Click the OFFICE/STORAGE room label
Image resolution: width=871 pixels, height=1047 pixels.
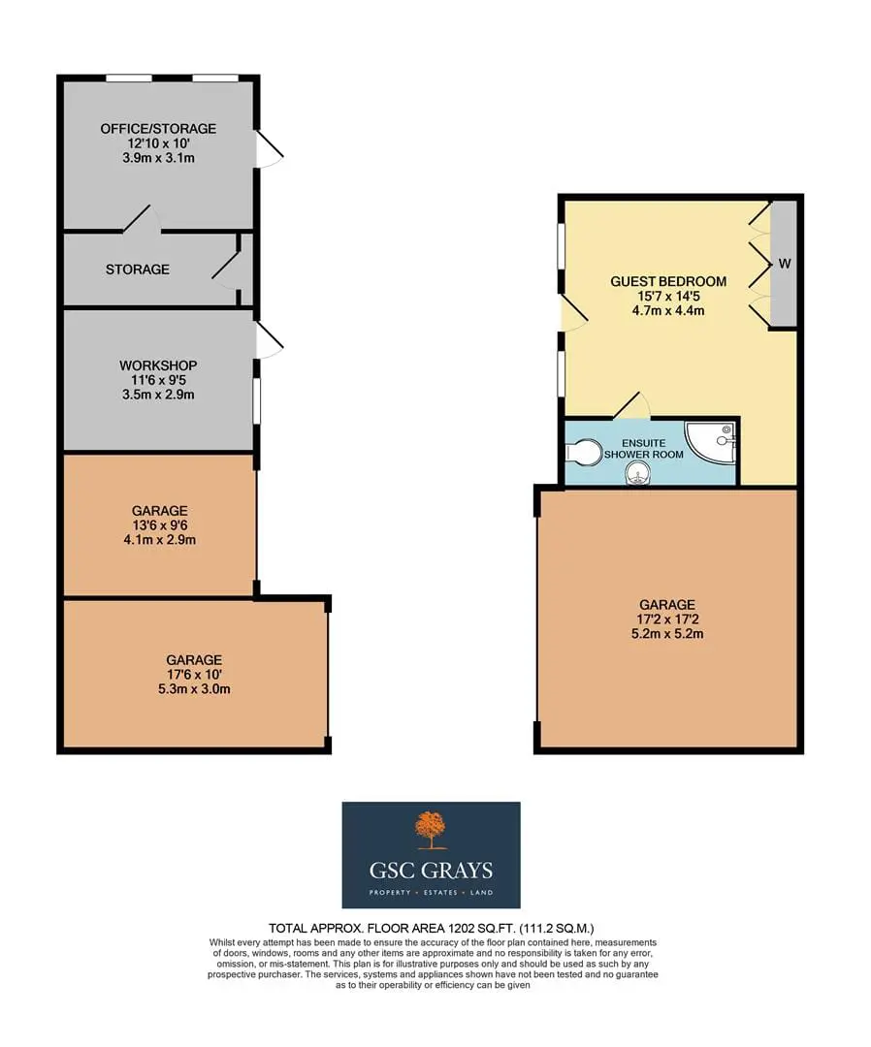pyautogui.click(x=158, y=128)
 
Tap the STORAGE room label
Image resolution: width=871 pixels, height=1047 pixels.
pyautogui.click(x=138, y=270)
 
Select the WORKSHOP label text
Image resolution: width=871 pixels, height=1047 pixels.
pyautogui.click(x=158, y=365)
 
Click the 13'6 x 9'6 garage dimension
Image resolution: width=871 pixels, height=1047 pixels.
pyautogui.click(x=160, y=524)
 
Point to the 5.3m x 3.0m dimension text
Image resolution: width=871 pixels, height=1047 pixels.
pyautogui.click(x=194, y=688)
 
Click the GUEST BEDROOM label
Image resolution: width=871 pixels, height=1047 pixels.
pyautogui.click(x=668, y=281)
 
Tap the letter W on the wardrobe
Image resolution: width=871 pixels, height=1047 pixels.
pyautogui.click(x=785, y=264)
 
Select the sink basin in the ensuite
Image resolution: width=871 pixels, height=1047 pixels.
pyautogui.click(x=638, y=475)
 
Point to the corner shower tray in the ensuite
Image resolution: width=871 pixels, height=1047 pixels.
pyautogui.click(x=713, y=442)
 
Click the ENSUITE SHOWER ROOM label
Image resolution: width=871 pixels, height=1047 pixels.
pyautogui.click(x=644, y=449)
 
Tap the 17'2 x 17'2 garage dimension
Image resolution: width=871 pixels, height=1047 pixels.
pyautogui.click(x=667, y=619)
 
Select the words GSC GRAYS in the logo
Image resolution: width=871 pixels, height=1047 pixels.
pyautogui.click(x=431, y=870)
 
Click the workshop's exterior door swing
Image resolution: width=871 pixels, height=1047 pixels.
pyautogui.click(x=270, y=340)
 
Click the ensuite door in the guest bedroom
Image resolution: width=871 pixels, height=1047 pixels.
pyautogui.click(x=631, y=404)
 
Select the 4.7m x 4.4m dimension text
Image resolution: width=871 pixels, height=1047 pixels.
pyautogui.click(x=668, y=310)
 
